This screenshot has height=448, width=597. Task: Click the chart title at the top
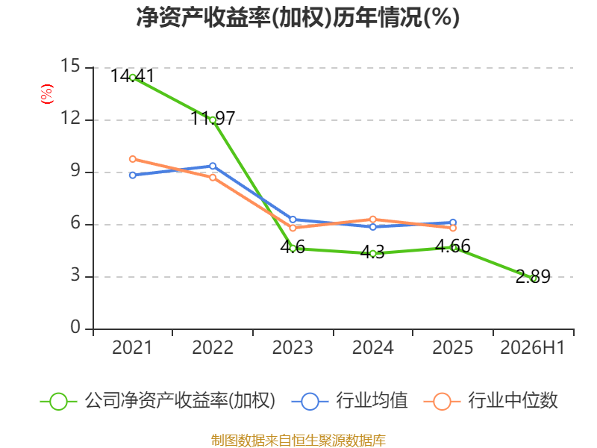coord(298,17)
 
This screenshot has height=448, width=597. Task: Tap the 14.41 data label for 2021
coord(133,76)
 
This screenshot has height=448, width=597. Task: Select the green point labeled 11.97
coord(213,120)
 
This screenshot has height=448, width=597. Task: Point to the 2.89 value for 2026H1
coord(533,276)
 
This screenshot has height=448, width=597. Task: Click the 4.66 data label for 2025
coord(453,246)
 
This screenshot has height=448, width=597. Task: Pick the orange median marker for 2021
coord(133,159)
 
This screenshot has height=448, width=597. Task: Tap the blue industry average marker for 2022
coord(213,166)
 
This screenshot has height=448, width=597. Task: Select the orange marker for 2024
coord(372,220)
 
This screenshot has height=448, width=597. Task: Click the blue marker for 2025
coord(453,223)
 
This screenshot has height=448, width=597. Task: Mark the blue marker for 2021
coord(133,175)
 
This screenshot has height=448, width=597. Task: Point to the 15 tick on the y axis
coord(70,66)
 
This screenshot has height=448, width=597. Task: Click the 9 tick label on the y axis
coord(75,170)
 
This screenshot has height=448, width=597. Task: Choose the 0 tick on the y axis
coord(75,327)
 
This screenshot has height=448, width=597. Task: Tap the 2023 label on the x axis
coord(293,348)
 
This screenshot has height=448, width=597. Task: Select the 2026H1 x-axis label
coord(532,348)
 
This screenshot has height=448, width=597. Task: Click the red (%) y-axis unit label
coord(47,94)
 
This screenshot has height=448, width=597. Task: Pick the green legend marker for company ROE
coord(58,402)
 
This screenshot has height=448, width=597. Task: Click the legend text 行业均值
coord(372,401)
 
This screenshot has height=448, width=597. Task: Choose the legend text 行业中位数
coord(513,401)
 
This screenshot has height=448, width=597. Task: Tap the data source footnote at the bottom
coord(298,441)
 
